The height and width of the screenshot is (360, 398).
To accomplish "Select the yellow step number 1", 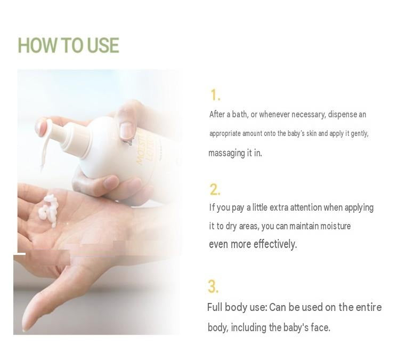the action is pos(215,95).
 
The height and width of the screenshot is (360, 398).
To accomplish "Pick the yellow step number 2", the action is pos(215,189).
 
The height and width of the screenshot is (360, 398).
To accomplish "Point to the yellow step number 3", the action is pos(213,286).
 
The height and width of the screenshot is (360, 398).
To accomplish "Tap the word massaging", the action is pos(226,153).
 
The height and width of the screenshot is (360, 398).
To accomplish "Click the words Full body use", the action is pos(237,307).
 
